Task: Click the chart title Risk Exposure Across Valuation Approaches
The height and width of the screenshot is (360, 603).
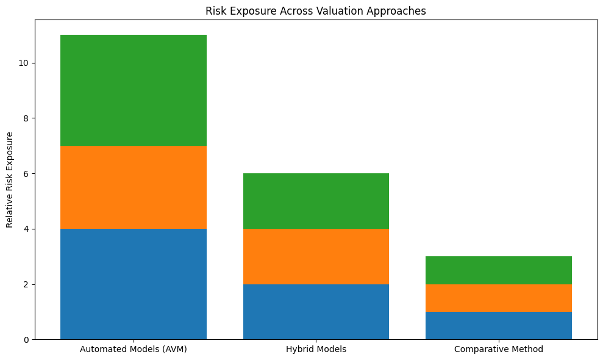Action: coord(315,11)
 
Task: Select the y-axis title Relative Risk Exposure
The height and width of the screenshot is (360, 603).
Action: coord(10,179)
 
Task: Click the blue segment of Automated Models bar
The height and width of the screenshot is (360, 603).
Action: coord(134,284)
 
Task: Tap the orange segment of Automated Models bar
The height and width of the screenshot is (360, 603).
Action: coord(134,187)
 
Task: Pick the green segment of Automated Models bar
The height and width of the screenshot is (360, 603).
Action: coord(134,90)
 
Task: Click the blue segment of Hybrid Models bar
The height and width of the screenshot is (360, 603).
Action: coord(316,312)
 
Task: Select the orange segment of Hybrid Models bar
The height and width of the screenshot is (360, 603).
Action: coord(316,256)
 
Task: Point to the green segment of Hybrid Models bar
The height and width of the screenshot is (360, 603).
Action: coord(316,201)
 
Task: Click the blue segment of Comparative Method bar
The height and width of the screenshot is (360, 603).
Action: coord(498,325)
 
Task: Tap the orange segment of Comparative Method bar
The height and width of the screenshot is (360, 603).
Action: coord(498,298)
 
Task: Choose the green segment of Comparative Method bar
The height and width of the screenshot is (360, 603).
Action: coord(498,270)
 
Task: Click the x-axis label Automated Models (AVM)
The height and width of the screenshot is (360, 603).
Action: coord(134,350)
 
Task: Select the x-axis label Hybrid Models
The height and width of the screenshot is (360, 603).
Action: coord(316,350)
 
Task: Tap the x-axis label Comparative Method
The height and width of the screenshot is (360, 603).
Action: coord(498,350)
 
